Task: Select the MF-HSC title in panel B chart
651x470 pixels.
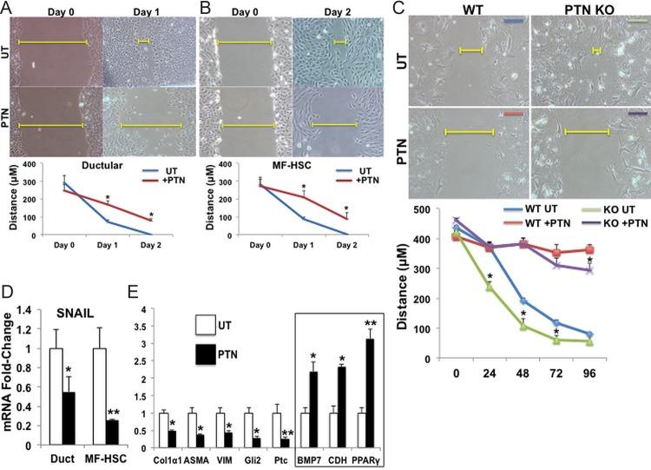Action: coord(261,162)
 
